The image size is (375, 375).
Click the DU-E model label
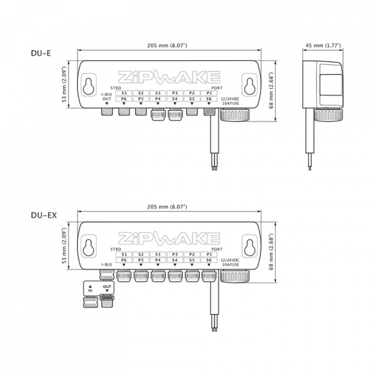pyautogui.click(x=41, y=53)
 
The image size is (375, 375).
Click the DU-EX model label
pyautogui.click(x=44, y=215)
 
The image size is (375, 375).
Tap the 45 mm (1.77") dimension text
pyautogui.click(x=323, y=45)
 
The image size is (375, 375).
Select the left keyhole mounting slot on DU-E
pyautogui.click(x=89, y=86)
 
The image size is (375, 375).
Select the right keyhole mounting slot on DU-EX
pyautogui.click(x=249, y=247)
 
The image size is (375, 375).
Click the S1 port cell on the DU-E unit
pyautogui.click(x=124, y=93)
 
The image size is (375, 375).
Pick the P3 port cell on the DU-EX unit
pyautogui.click(x=175, y=255)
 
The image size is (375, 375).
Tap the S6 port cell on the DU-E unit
pyautogui.click(x=209, y=99)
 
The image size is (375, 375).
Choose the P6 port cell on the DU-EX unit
pyautogui.click(x=124, y=260)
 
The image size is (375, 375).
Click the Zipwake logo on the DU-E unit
pyautogui.click(x=169, y=77)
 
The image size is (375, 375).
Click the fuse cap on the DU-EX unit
pyautogui.click(x=234, y=276)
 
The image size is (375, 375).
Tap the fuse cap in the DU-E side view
pyautogui.click(x=328, y=115)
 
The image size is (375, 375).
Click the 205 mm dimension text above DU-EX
pyautogui.click(x=167, y=207)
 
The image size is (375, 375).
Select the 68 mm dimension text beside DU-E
pyautogui.click(x=271, y=91)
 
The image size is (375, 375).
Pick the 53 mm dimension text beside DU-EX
pyautogui.click(x=65, y=246)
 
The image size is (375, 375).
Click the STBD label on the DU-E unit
pyautogui.click(x=116, y=88)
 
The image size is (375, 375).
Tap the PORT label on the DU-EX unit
pyautogui.click(x=217, y=249)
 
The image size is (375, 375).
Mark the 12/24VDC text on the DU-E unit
pyautogui.click(x=230, y=99)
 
